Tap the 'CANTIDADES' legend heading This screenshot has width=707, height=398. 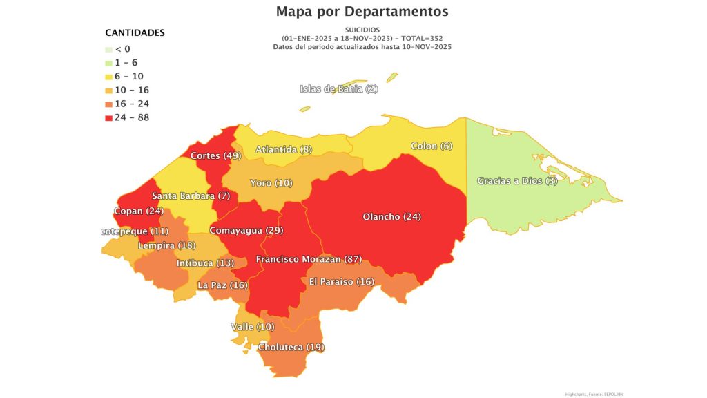tap(135, 32)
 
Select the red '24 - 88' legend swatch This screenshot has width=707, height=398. tap(109, 117)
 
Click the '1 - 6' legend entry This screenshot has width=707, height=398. tap(126, 62)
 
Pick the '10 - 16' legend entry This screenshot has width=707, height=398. tap(131, 90)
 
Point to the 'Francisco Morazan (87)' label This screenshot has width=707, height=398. tap(309, 259)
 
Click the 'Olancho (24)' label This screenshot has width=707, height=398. tap(391, 217)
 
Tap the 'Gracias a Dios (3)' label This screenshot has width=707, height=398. tap(517, 181)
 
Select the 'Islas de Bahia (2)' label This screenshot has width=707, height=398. tap(338, 88)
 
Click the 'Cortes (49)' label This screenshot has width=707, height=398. tap(215, 155)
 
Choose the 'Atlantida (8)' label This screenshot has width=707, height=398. tap(284, 149)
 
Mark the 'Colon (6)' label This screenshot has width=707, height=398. tap(432, 146)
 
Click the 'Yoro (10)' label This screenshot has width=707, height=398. tap(271, 183)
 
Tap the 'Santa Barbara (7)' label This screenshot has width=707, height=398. tap(191, 196)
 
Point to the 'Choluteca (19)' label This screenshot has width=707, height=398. tap(291, 347)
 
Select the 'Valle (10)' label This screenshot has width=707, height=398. tap(252, 326)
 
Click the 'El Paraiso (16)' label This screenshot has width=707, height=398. tap(341, 281)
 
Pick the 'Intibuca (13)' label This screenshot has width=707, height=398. tap(205, 263)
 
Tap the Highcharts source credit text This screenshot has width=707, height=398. tap(594, 394)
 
